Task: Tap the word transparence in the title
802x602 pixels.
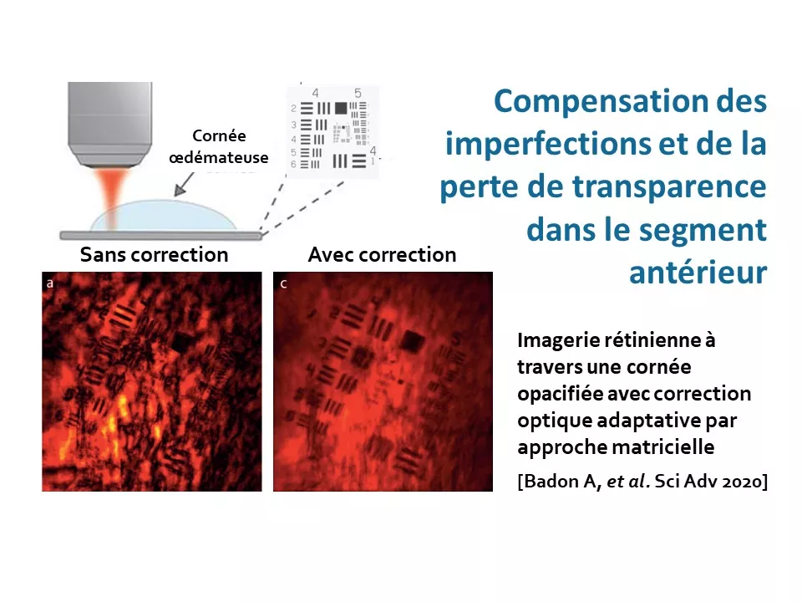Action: (669, 186)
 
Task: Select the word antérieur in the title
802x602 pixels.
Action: (698, 272)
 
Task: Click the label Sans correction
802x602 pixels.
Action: (154, 254)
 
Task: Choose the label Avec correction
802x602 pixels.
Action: (382, 254)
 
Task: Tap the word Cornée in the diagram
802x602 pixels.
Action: (219, 135)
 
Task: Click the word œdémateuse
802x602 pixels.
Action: (218, 157)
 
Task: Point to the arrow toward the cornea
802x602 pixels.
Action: (184, 184)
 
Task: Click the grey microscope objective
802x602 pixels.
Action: (110, 124)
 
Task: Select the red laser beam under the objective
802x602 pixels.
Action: (110, 197)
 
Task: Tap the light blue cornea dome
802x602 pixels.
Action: (164, 216)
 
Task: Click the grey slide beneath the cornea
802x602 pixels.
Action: (160, 236)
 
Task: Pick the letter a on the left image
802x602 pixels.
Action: (49, 283)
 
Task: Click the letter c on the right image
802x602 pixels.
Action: (283, 283)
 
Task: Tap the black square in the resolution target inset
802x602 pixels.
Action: (341, 108)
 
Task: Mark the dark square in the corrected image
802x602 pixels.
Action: (412, 341)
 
